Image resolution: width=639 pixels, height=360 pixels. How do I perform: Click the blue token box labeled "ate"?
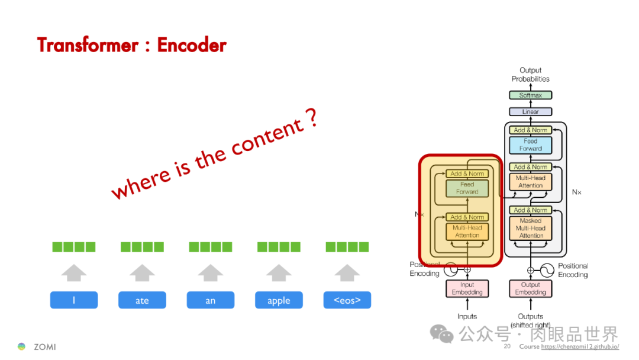click(x=142, y=300)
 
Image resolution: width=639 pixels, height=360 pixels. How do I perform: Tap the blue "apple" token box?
click(x=279, y=300)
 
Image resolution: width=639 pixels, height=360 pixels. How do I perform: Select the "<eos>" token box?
click(x=347, y=300)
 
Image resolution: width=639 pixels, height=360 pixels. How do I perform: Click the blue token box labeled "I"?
click(x=74, y=300)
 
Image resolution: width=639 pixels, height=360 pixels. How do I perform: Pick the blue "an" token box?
click(x=211, y=300)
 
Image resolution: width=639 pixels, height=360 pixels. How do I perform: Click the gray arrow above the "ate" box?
click(x=142, y=272)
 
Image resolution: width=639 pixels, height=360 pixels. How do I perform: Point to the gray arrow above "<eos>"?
click(x=347, y=272)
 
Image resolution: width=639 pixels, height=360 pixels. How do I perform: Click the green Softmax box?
click(x=531, y=95)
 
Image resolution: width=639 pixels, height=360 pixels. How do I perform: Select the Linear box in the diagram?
click(x=531, y=112)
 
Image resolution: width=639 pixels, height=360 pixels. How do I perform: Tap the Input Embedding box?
click(x=467, y=288)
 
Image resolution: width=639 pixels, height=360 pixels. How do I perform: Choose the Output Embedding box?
click(x=531, y=288)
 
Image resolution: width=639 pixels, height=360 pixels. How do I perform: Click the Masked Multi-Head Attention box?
click(x=531, y=228)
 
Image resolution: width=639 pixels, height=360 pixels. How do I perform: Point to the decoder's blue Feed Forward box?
click(x=531, y=145)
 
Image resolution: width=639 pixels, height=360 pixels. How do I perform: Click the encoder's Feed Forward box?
click(x=467, y=188)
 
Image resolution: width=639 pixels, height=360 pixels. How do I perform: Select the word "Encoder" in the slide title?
click(x=192, y=45)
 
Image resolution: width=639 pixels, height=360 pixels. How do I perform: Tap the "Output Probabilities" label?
click(x=531, y=75)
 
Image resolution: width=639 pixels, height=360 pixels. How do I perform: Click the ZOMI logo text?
click(x=45, y=347)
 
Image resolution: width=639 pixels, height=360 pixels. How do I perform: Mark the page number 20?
click(x=507, y=346)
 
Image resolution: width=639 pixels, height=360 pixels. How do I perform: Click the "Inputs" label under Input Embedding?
click(x=467, y=316)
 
